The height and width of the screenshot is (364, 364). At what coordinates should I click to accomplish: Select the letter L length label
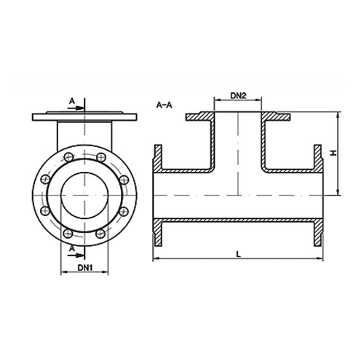pyautogui.click(x=237, y=251)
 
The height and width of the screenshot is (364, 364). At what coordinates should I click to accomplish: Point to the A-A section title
pyautogui.click(x=164, y=106)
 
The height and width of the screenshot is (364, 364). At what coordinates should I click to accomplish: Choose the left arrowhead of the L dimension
pyautogui.click(x=154, y=258)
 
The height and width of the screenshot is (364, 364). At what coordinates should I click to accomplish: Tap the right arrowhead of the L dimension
pyautogui.click(x=320, y=258)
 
